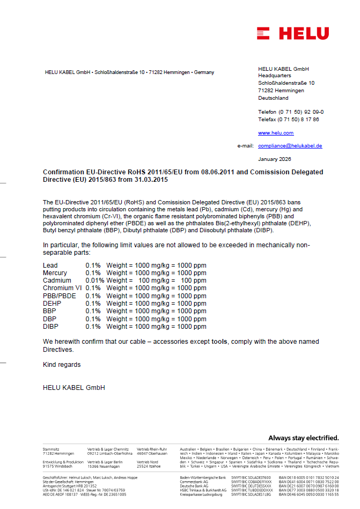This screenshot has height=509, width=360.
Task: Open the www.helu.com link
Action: (x=276, y=133)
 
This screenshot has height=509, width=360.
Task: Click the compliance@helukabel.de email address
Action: (x=290, y=146)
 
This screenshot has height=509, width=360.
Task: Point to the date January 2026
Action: (x=274, y=159)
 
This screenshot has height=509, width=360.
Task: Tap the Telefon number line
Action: (x=291, y=112)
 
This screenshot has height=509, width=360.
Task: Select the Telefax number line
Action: (x=288, y=119)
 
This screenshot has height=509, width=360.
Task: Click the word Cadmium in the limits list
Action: (x=57, y=281)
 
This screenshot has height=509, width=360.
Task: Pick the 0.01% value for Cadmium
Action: (x=94, y=281)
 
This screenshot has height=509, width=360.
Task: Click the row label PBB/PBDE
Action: (x=59, y=296)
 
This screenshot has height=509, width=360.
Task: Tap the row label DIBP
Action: (x=50, y=327)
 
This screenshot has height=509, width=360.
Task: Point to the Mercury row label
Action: (x=55, y=273)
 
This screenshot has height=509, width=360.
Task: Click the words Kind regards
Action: (x=62, y=365)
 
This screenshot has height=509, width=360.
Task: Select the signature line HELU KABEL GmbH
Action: (x=74, y=388)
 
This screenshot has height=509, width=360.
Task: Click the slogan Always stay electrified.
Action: (x=304, y=438)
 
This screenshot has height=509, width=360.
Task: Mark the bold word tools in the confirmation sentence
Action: (x=219, y=342)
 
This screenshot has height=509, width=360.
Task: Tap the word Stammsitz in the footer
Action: (x=51, y=448)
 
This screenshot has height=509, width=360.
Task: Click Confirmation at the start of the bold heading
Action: (x=63, y=172)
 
